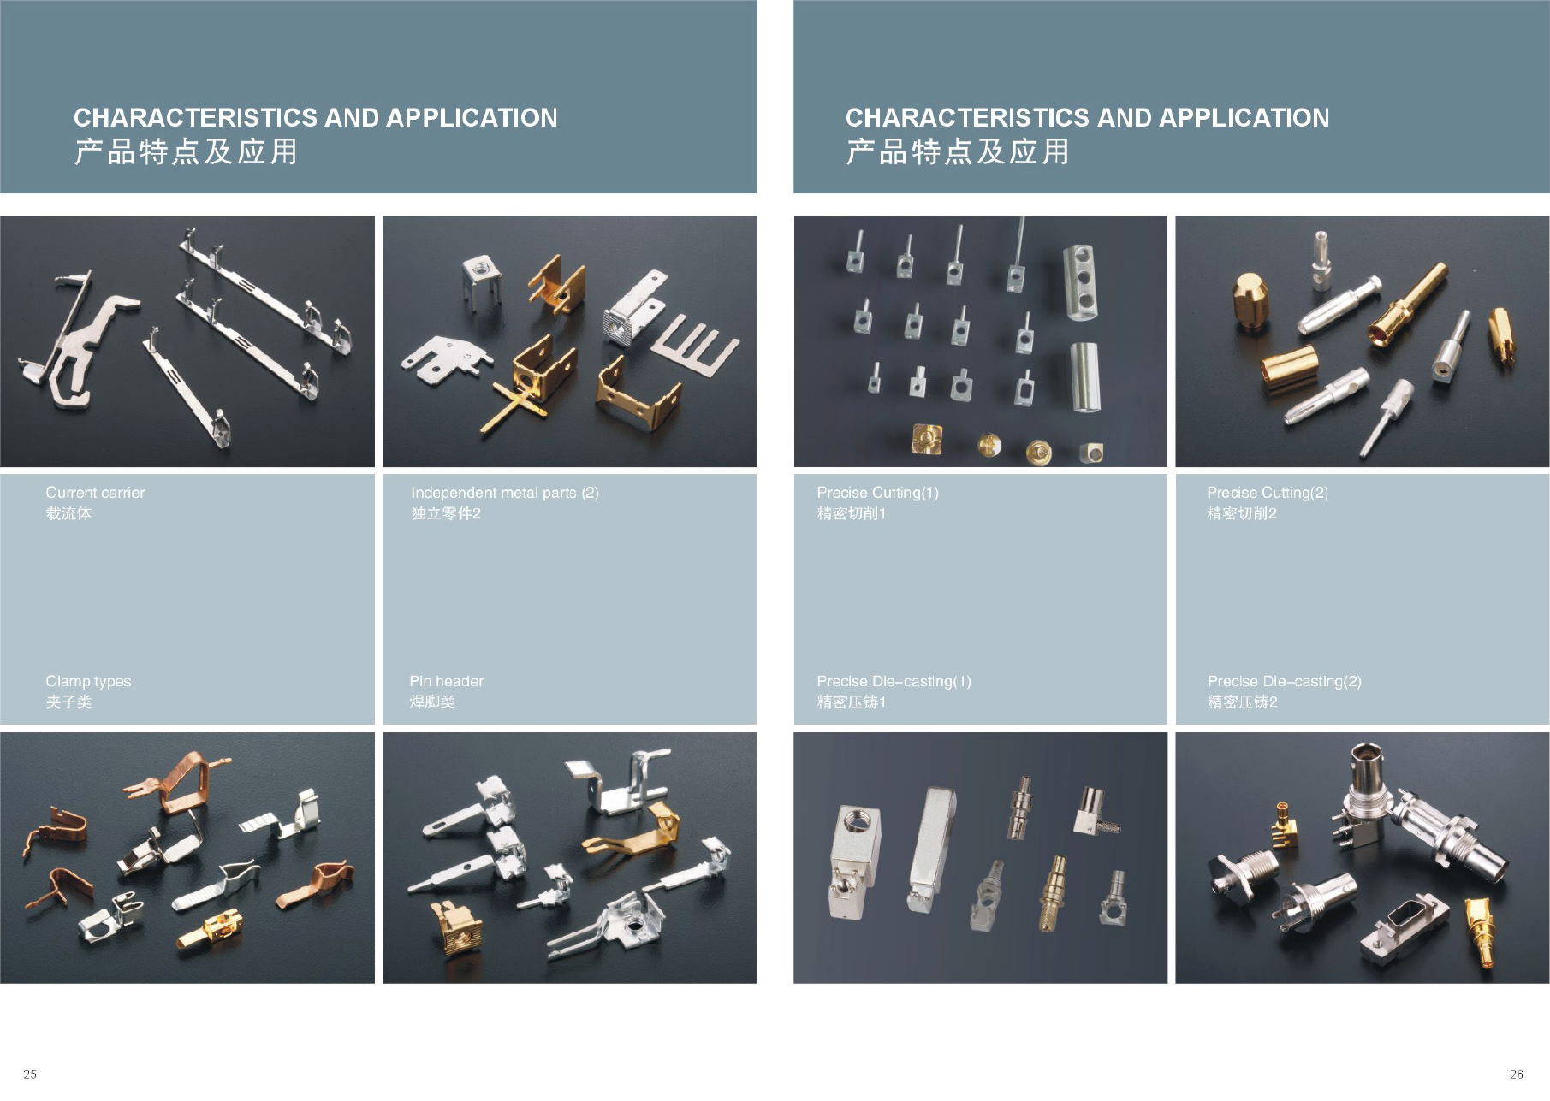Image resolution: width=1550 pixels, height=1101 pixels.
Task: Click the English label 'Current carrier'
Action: (95, 493)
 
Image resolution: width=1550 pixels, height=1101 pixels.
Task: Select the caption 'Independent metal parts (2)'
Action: (505, 493)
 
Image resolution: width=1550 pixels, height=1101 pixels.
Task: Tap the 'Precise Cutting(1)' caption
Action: (877, 493)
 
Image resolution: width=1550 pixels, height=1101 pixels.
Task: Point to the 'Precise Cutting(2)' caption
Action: (1268, 493)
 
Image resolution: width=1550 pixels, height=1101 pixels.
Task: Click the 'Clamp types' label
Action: (88, 682)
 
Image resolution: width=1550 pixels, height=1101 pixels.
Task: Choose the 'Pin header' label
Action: (446, 681)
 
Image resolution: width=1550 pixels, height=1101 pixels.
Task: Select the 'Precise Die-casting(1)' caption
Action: (894, 682)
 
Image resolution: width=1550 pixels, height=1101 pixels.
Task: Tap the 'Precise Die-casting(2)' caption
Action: (1284, 682)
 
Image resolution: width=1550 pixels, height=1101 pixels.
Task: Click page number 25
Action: (30, 1074)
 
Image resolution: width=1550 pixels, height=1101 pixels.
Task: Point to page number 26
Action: (1517, 1074)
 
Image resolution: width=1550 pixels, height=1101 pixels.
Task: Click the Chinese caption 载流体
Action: (68, 513)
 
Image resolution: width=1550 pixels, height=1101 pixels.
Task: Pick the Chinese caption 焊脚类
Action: (432, 702)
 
